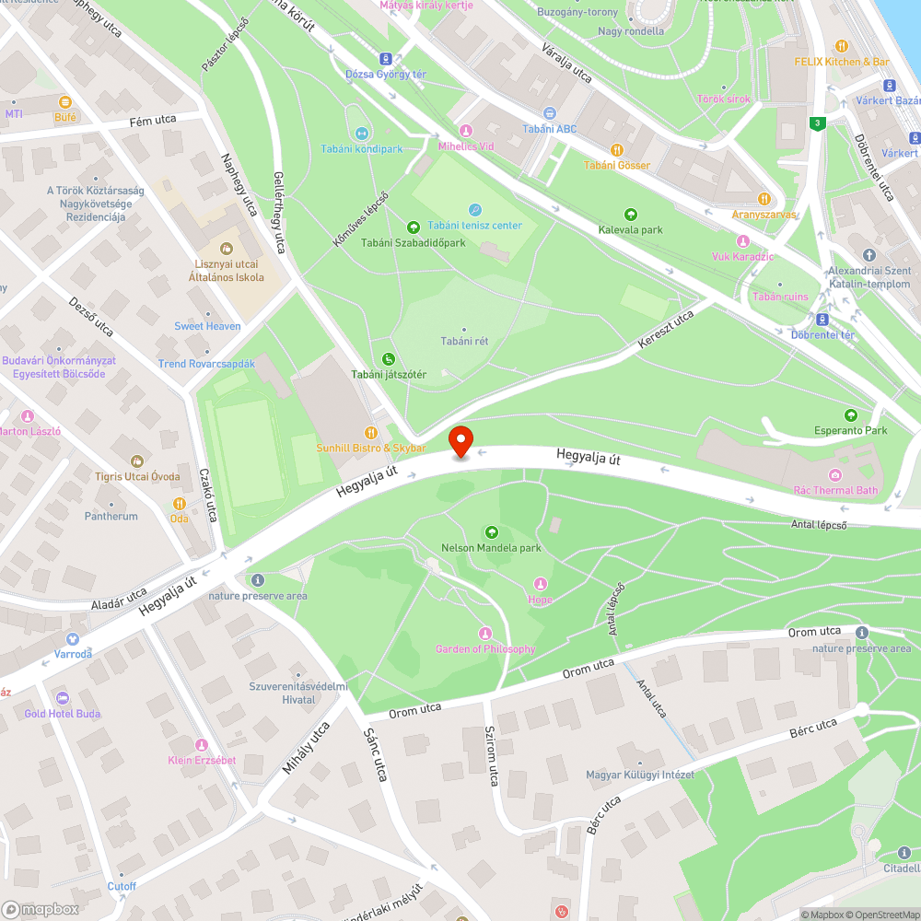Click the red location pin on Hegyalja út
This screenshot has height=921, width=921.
coord(460,441)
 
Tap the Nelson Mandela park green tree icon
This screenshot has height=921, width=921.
coord(491,532)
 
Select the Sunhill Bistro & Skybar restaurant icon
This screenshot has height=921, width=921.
coord(371,432)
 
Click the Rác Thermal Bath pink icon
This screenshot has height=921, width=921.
coord(834,475)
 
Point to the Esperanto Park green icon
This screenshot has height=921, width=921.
coord(850,415)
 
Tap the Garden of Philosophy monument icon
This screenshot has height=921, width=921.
coord(485,633)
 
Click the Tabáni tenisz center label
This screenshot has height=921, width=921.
coord(481,225)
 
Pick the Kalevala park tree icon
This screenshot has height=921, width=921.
coord(631,214)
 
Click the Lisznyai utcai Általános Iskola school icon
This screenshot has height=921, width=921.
coord(227,248)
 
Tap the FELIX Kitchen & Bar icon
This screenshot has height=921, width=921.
coord(842,46)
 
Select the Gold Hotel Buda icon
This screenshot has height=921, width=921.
coord(63,698)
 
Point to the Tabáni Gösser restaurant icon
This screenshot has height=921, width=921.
coord(617,150)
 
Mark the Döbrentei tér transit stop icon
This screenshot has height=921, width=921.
coord(822,319)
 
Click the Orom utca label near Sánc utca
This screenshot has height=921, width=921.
coord(414,709)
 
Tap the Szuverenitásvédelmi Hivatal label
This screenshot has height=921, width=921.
coord(297,693)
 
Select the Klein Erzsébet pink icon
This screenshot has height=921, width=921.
coord(202,744)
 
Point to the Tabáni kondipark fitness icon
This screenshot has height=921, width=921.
coord(361,134)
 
